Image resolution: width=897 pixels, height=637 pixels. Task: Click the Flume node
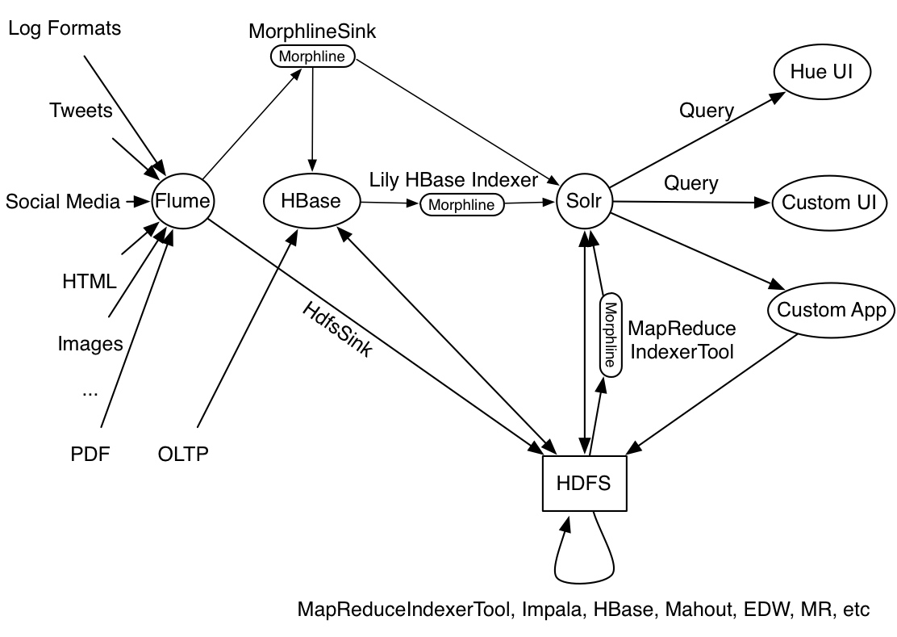[181, 201]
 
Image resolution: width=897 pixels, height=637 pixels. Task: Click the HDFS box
[583, 483]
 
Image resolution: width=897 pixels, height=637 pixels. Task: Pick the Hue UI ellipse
[822, 73]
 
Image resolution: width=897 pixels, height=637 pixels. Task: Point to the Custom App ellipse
[831, 309]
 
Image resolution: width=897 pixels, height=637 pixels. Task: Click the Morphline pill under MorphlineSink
[312, 57]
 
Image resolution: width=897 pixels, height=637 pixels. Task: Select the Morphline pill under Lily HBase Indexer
[461, 204]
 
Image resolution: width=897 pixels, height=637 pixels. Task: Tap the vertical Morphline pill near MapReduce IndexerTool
[610, 333]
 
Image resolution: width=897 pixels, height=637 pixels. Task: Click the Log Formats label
[65, 29]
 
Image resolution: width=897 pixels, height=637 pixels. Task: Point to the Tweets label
[81, 110]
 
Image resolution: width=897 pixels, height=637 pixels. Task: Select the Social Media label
[57, 201]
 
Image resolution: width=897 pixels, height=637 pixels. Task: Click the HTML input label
[90, 282]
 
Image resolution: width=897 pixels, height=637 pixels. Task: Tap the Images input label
[90, 344]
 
